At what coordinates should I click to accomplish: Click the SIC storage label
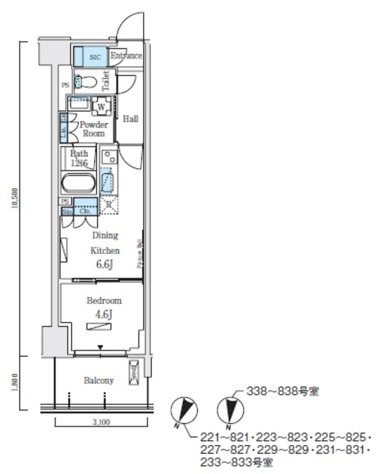coord(95,56)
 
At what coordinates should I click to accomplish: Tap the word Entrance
coord(126,56)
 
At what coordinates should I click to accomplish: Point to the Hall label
coord(130,118)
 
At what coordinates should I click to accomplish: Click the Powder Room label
coord(94,129)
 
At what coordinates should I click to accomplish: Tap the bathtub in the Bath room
coord(78,182)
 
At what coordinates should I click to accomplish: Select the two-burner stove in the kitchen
coord(108,157)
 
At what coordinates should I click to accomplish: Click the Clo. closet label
coord(84,210)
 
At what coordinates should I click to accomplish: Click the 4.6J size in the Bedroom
coord(104,314)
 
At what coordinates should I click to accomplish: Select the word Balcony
coord(98,381)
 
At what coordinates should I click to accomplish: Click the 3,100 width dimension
coord(102,422)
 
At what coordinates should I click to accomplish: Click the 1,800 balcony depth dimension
coord(15,381)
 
